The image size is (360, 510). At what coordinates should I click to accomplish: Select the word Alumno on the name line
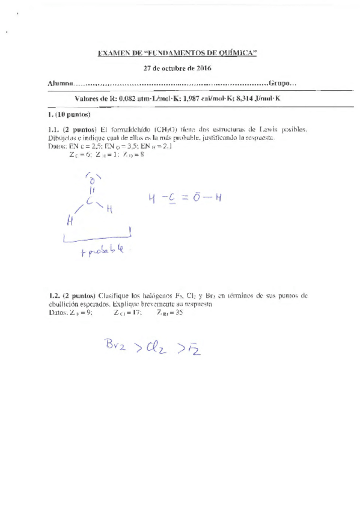60,83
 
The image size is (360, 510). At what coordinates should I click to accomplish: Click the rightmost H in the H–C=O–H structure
218,197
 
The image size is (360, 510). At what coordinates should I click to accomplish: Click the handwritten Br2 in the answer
118,345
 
